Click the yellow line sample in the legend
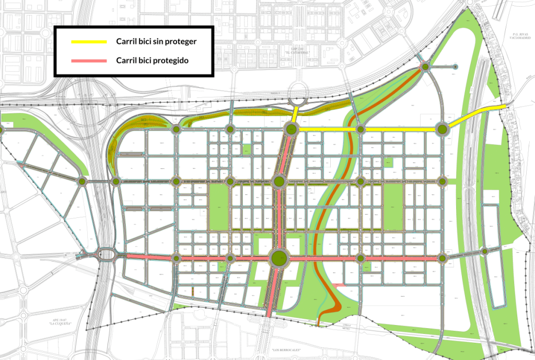pyautogui.click(x=88, y=41)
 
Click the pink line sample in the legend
pyautogui.click(x=88, y=61)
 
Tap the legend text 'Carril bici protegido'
pyautogui.click(x=152, y=61)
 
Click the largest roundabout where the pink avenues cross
pyautogui.click(x=279, y=257)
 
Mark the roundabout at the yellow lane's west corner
pyautogui.click(x=290, y=129)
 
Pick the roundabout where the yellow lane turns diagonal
pyautogui.click(x=442, y=129)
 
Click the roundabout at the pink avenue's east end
pyautogui.click(x=443, y=258)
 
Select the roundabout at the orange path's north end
pyautogui.click(x=426, y=66)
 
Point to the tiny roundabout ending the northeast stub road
pyautogui.click(x=456, y=67)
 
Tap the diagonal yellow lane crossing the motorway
pyautogui.click(x=475, y=115)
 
